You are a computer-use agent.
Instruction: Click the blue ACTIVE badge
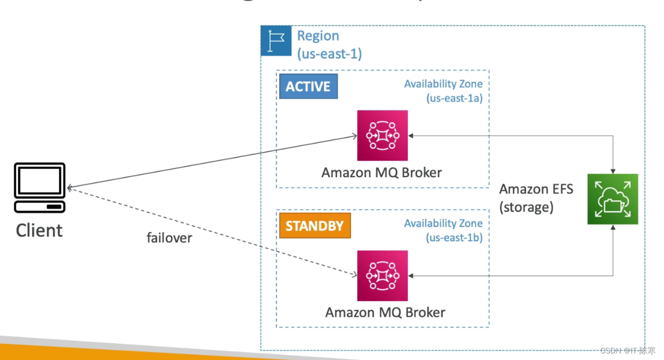click(x=308, y=87)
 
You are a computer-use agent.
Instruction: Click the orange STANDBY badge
click(x=314, y=226)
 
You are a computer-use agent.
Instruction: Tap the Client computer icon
click(x=40, y=188)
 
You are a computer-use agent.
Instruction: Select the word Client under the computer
click(x=39, y=230)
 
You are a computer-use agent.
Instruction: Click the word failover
click(x=169, y=238)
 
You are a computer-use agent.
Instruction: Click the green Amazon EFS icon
click(x=612, y=199)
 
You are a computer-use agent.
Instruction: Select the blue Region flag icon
click(x=276, y=41)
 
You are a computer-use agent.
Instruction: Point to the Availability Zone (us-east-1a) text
click(x=443, y=91)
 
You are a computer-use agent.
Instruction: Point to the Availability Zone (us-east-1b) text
click(x=443, y=230)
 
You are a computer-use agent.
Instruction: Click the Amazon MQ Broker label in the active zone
click(x=381, y=172)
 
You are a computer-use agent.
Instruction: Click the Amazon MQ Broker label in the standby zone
click(x=385, y=312)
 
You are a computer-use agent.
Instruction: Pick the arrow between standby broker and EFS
click(x=510, y=275)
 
